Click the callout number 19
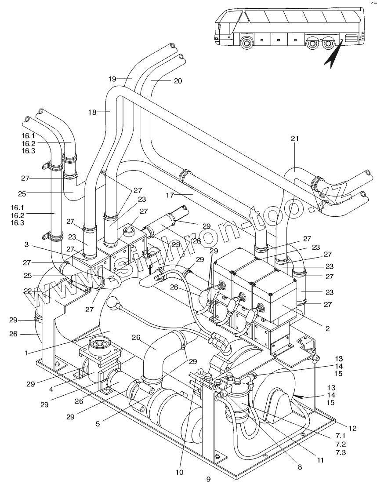coord(112,79)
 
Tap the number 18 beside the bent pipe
coord(92,113)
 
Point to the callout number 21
coord(294,138)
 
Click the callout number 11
coord(320,460)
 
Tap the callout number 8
coord(300,468)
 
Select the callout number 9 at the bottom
coord(209,479)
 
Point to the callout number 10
coord(179,473)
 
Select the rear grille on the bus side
coord(352,39)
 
